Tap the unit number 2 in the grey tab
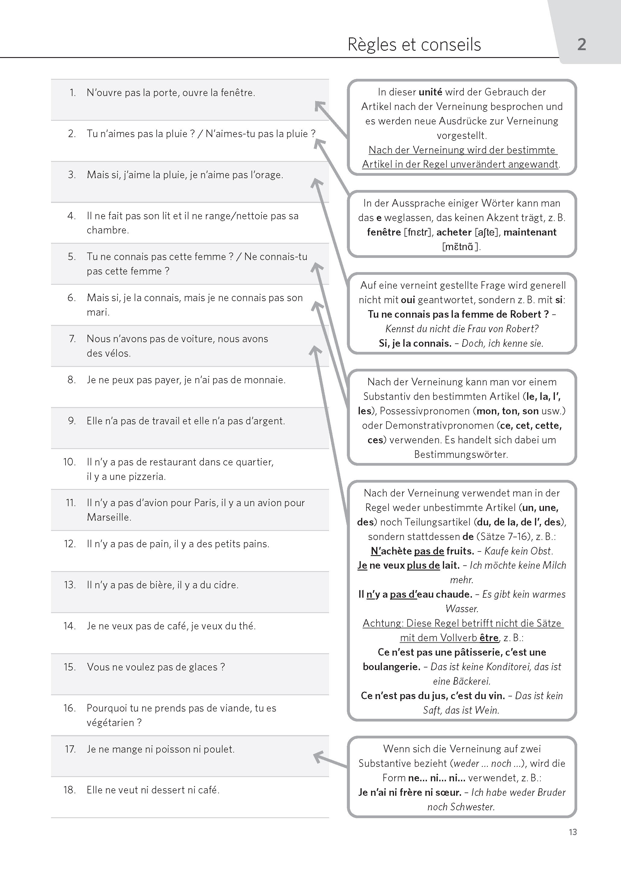pos(581,45)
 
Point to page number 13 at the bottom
pos(572,832)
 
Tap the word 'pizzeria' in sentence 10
pos(149,477)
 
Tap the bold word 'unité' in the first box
pos(430,92)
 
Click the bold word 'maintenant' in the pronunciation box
pos(530,232)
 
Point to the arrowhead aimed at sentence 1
pos(319,105)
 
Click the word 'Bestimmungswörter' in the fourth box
pos(461,455)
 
